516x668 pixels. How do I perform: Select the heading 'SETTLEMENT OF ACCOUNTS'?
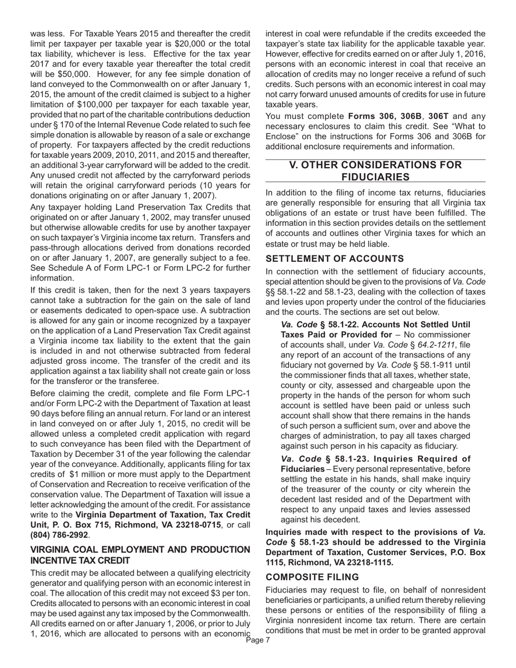(334, 259)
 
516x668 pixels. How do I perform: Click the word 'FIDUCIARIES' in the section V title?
(375, 177)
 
